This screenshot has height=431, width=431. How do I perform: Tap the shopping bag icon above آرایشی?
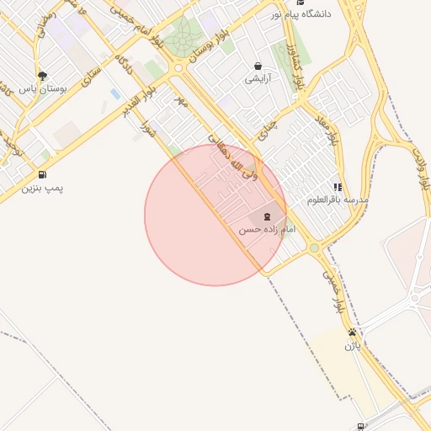point(258,66)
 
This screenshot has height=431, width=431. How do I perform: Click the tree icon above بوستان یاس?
point(42,75)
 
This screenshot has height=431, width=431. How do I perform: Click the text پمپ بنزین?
point(42,188)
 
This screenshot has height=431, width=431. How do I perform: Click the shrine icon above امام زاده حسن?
point(267,216)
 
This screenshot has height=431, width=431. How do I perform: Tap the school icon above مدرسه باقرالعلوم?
point(338,187)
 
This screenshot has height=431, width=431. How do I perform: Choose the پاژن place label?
point(352,344)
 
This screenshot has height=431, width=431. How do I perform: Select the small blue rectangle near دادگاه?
point(114,93)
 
